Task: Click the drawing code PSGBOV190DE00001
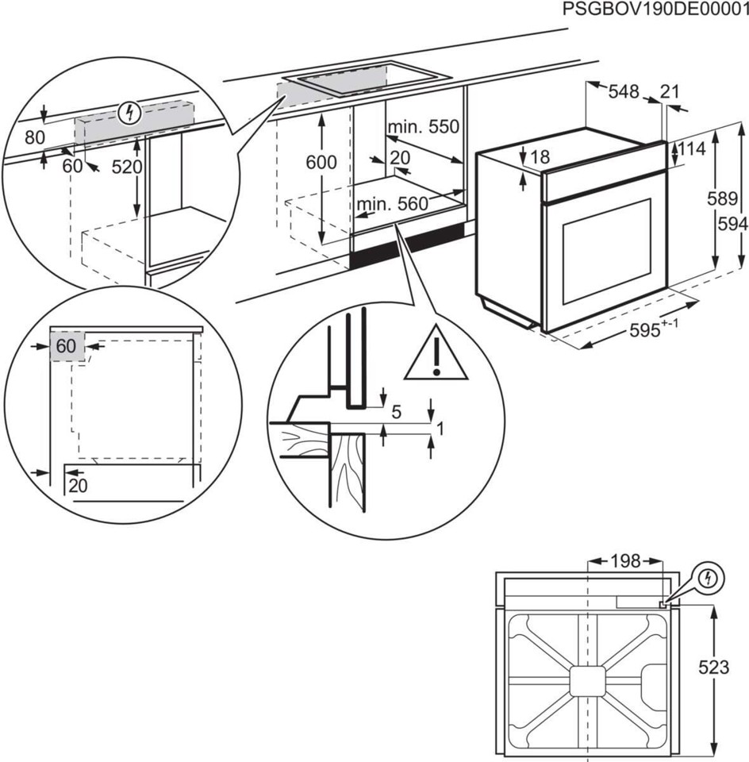click(655, 10)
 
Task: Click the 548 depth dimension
click(624, 92)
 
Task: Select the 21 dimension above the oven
click(670, 91)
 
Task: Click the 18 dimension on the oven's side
click(540, 157)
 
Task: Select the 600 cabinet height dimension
click(321, 162)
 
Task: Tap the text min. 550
click(424, 127)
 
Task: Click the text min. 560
click(392, 205)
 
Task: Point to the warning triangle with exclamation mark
click(436, 356)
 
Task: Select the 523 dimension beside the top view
click(713, 668)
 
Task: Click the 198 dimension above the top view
click(624, 561)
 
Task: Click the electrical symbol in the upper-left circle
click(127, 114)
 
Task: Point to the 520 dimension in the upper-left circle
click(126, 167)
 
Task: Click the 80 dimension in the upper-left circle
click(34, 137)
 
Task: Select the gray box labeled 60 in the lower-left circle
click(67, 347)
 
